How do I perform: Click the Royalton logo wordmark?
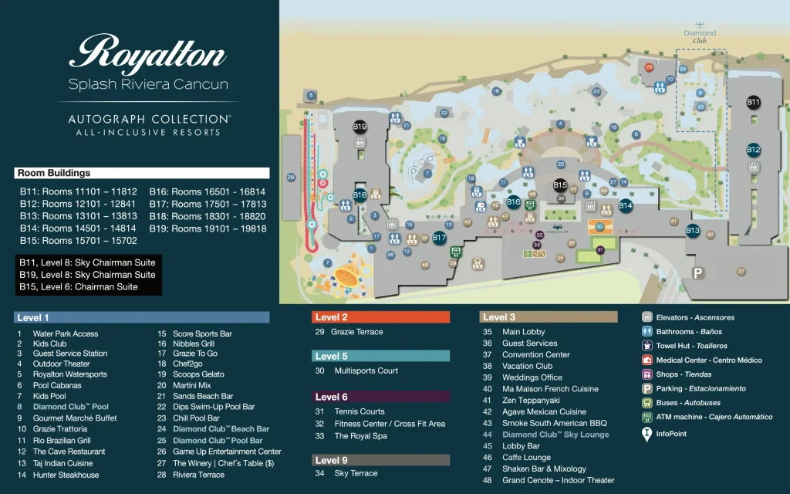point(148,56)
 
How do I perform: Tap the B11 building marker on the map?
point(753,102)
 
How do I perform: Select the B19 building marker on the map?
point(360,127)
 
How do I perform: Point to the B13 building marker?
point(692,230)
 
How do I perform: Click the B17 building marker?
point(439,238)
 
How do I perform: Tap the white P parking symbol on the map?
point(698,272)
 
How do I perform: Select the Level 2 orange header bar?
point(380,317)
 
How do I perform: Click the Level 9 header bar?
point(380,460)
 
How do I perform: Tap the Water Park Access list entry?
point(65,333)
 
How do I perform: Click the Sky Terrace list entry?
point(356,473)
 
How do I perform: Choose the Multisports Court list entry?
point(366,370)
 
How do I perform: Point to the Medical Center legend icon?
point(647,360)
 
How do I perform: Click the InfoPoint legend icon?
point(647,435)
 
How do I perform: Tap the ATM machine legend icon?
point(647,417)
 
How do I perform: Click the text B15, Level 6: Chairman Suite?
point(79,286)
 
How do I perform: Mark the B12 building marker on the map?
point(753,150)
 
